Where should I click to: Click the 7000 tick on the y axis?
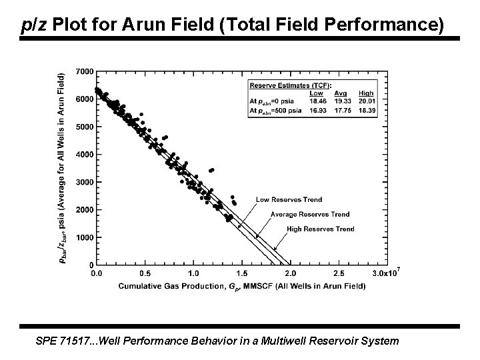coord(85,71)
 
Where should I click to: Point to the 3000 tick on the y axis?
coord(85,182)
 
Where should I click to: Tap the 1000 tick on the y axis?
coord(85,238)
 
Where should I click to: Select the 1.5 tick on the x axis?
coord(241,273)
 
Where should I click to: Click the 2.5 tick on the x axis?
coord(338,273)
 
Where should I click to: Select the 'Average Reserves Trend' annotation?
coord(309,215)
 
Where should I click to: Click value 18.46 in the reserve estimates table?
coord(317,101)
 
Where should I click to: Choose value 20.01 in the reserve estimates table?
coord(366,101)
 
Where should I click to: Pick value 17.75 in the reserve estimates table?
coord(341,109)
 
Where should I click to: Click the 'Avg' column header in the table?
coord(341,93)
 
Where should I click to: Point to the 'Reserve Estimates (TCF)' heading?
coord(290,85)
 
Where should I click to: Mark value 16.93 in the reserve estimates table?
coord(317,109)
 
